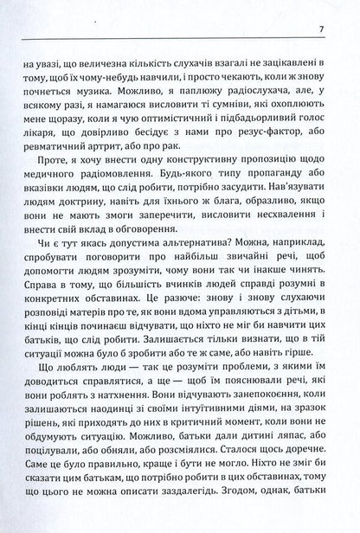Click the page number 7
(x=321, y=35)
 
